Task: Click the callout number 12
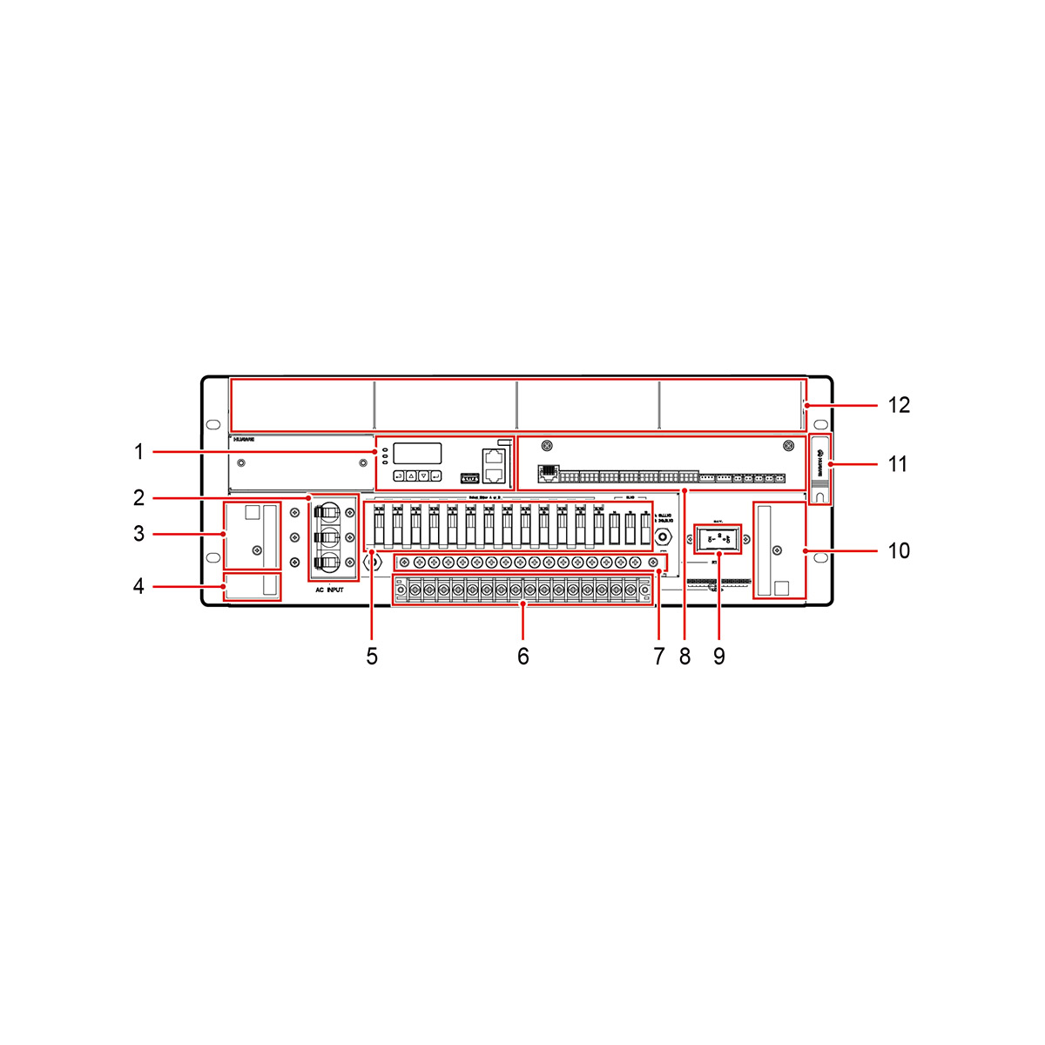pos(899,405)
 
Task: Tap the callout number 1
pos(138,452)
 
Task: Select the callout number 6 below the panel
pos(522,657)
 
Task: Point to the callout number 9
pos(718,657)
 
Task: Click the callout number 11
pos(898,464)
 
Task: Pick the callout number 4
pos(138,586)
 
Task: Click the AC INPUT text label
pos(329,590)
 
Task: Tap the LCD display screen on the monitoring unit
pos(417,453)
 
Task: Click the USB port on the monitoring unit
pos(469,477)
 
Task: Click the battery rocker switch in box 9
pos(718,539)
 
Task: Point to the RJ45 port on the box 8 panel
pos(548,475)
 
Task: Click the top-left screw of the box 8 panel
pos(547,446)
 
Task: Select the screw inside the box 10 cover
pos(777,550)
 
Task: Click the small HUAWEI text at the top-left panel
pos(244,442)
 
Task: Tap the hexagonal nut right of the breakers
pos(663,539)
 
